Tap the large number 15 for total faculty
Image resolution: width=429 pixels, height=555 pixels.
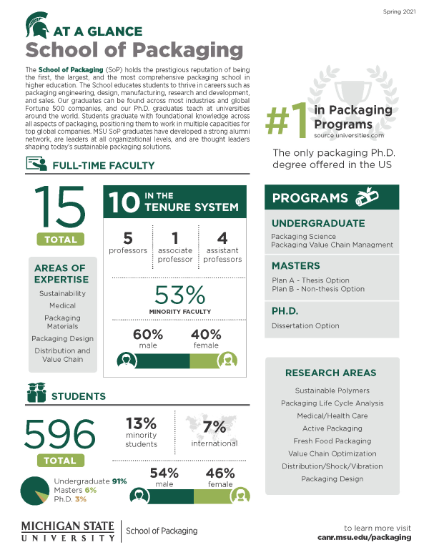tap(55, 207)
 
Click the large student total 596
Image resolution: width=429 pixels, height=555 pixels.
tap(60, 433)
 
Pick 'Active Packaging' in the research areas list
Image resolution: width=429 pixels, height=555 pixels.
tap(332, 428)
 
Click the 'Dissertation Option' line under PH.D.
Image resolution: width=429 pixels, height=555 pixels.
tap(305, 326)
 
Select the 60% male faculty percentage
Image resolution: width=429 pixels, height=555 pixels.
tap(149, 334)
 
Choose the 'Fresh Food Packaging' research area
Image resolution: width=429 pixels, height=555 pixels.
tap(332, 441)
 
